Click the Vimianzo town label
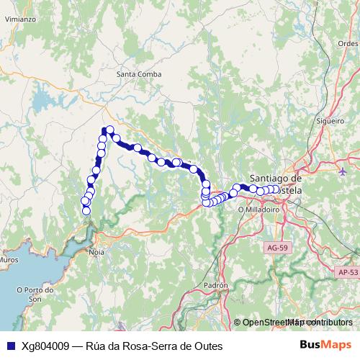point(19,19)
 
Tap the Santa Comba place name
point(137,73)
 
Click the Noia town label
point(96,253)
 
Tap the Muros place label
point(9,258)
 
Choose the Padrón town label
point(215,284)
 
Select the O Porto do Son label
point(34,294)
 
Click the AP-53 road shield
point(347,272)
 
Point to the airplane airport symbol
point(342,171)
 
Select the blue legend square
point(10,346)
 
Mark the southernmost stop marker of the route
point(86,211)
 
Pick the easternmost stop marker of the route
point(275,189)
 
